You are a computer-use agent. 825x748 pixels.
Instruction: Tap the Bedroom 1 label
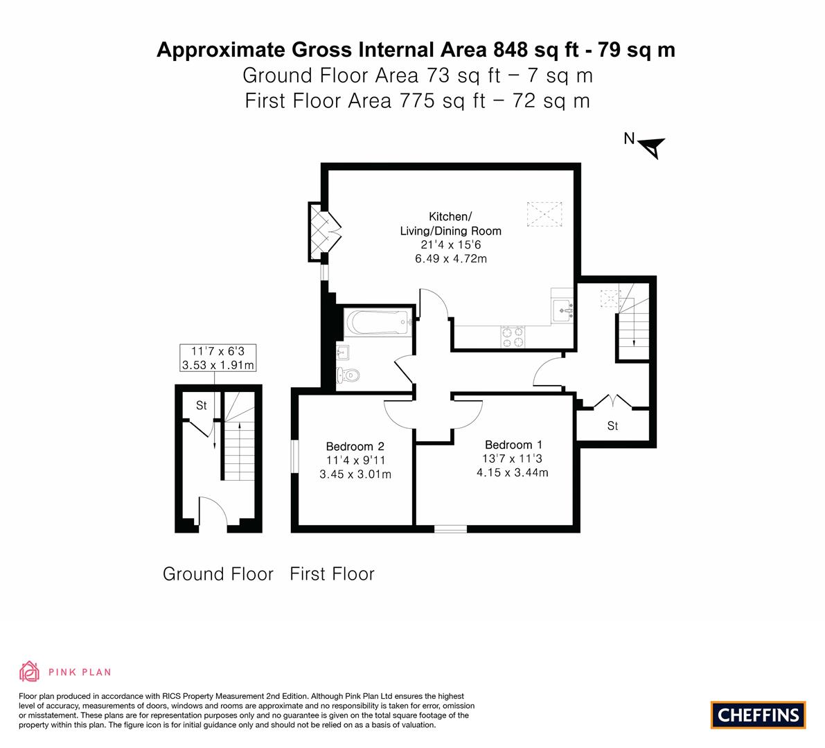(x=513, y=445)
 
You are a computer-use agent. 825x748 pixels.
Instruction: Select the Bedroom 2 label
(x=355, y=447)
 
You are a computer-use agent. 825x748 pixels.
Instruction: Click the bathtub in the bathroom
(x=378, y=323)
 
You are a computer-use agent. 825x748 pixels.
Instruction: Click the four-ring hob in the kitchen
(x=513, y=337)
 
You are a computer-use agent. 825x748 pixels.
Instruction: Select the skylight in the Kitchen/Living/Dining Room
(x=545, y=214)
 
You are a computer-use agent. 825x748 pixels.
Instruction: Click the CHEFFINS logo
(x=758, y=715)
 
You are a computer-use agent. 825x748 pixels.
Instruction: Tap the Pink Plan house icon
(x=30, y=671)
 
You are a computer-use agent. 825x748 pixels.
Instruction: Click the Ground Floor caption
(x=218, y=573)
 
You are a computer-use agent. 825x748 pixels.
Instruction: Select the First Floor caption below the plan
(x=332, y=573)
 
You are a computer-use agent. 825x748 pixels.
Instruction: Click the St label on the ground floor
(x=201, y=406)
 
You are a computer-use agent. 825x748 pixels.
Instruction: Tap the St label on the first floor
(x=612, y=426)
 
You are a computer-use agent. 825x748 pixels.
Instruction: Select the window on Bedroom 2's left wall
(x=294, y=460)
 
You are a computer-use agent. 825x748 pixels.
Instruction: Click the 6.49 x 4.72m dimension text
(x=450, y=258)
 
